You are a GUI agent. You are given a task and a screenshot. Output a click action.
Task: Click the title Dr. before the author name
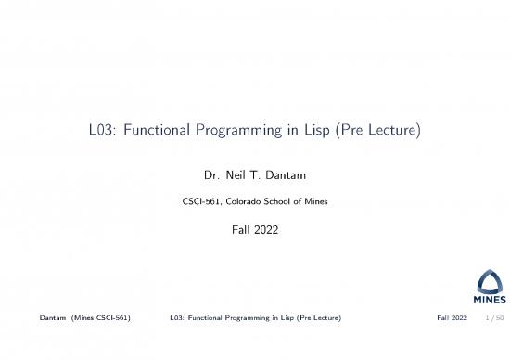[211, 174]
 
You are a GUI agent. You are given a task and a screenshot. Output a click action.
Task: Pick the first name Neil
[240, 174]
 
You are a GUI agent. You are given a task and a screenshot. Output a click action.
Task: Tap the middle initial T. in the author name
[264, 174]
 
